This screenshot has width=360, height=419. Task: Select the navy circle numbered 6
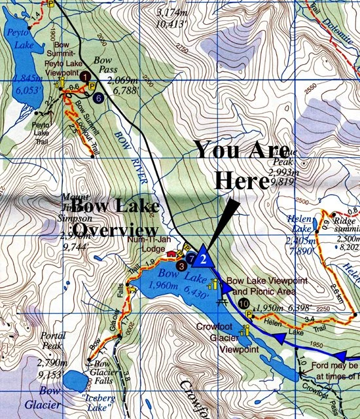(98, 98)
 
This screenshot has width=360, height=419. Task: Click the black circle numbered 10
(243, 303)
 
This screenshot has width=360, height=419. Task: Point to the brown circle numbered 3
(181, 266)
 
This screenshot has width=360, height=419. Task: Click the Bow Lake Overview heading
(117, 219)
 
